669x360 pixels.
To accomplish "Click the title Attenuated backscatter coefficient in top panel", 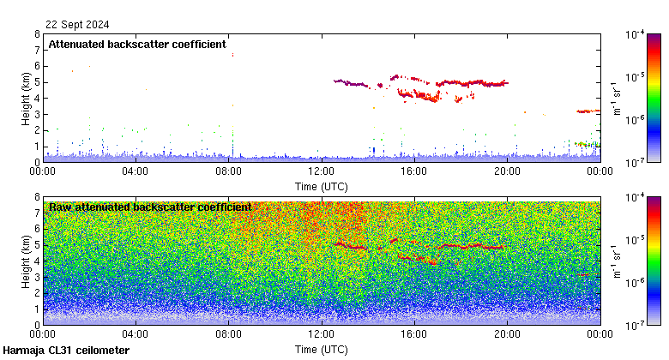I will (137, 44).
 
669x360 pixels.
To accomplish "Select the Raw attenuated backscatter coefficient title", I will (150, 207).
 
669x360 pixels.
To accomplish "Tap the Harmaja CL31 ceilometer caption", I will (66, 351).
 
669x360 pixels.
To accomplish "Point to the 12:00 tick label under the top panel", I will (321, 171).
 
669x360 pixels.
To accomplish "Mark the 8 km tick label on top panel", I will (36, 34).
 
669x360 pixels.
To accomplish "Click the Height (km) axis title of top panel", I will (26, 98).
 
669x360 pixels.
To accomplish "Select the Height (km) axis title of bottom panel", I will (26, 261).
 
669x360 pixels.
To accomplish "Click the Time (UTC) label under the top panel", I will (321, 184).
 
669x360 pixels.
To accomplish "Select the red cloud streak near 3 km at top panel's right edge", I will (588, 111).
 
